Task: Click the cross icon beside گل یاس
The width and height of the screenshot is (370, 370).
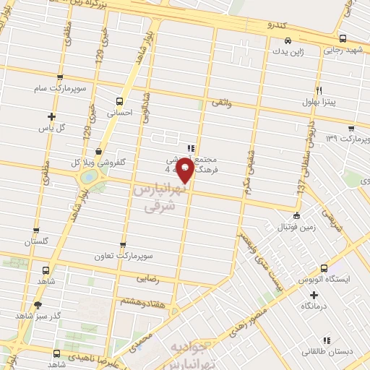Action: [x=51, y=116]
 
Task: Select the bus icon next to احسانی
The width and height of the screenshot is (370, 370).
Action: [x=120, y=101]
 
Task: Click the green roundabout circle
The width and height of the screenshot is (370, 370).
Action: [x=87, y=176]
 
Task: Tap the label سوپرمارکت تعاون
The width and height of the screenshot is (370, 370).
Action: [x=124, y=256]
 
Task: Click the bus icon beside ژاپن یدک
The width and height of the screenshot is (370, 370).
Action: [x=288, y=41]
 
